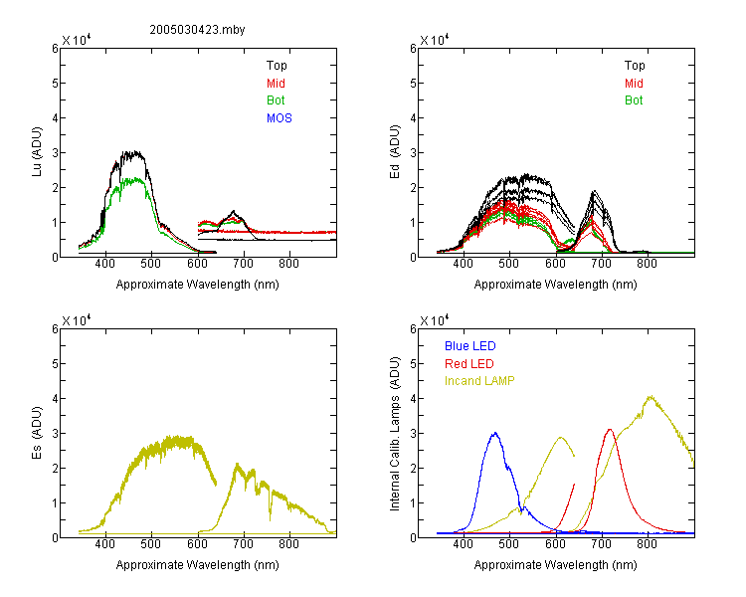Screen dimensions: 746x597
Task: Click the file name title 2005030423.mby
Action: click(197, 30)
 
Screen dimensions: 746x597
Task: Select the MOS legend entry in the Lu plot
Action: click(280, 118)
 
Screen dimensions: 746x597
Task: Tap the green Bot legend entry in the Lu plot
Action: click(276, 100)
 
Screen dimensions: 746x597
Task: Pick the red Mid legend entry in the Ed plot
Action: click(634, 84)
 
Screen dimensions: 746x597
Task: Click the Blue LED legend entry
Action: click(470, 346)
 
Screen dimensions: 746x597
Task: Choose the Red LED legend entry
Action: click(469, 364)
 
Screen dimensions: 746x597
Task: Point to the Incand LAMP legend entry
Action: click(479, 381)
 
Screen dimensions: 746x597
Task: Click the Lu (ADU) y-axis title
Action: click(37, 152)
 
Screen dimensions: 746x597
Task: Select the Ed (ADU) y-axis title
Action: click(395, 152)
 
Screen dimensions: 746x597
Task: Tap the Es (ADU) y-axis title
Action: click(37, 433)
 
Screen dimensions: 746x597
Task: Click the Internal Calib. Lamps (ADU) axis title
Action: click(395, 434)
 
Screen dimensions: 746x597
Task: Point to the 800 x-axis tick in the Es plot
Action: click(288, 544)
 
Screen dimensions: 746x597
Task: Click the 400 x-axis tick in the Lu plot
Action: click(104, 264)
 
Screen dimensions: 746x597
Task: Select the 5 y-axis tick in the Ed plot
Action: click(413, 84)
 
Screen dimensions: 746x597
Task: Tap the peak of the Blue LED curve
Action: click(495, 433)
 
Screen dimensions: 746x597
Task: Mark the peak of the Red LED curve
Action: click(610, 430)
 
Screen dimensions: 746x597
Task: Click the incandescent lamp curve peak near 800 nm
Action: click(651, 396)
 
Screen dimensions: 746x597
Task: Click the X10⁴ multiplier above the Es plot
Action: click(77, 320)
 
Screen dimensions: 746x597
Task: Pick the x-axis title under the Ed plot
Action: click(555, 285)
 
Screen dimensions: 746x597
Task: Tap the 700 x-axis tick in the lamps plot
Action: click(602, 544)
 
